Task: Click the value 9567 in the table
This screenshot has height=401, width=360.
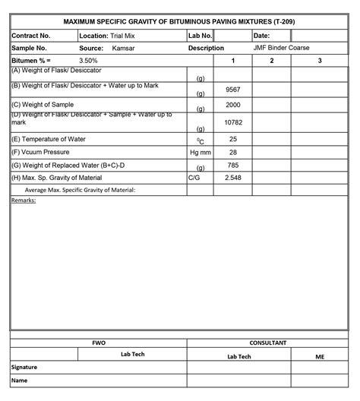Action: click(x=233, y=90)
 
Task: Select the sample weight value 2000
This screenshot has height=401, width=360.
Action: click(x=233, y=105)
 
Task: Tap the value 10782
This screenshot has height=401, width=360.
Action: click(x=233, y=122)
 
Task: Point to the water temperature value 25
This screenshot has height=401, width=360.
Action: click(x=233, y=139)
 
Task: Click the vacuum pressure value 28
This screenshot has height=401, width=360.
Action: click(x=233, y=153)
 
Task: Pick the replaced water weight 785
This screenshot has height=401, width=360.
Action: click(x=233, y=165)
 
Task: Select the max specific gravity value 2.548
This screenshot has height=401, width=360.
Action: click(x=233, y=177)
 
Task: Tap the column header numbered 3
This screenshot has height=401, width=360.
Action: click(x=320, y=60)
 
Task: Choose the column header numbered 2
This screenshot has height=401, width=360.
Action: click(x=272, y=60)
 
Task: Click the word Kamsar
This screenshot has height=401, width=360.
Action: click(x=124, y=48)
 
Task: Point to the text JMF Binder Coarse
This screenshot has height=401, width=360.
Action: click(x=281, y=48)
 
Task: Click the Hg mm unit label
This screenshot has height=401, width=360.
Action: click(x=200, y=153)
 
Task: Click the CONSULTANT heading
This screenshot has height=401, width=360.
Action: click(x=268, y=343)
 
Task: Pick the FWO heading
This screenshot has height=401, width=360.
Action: click(x=99, y=343)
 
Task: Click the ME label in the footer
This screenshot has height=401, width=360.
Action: click(x=319, y=355)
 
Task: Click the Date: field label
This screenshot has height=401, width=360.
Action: click(x=261, y=36)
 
